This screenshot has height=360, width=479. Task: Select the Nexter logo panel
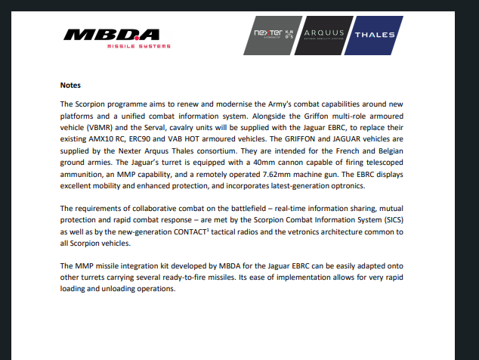coord(273,35)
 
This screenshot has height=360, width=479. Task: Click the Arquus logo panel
coord(324,35)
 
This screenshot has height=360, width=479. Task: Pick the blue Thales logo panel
coord(375,35)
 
